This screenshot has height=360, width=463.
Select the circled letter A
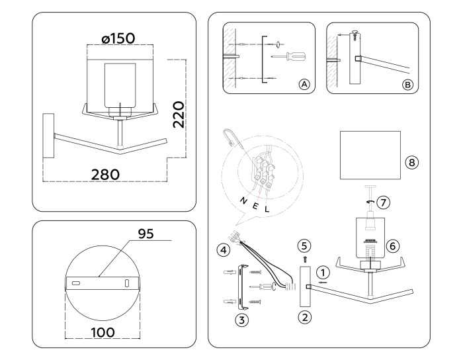point(304,85)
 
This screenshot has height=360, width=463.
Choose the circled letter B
point(407,85)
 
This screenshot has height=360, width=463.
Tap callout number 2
point(305,316)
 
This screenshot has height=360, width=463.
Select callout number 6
point(392,245)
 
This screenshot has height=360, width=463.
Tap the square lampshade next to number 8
point(370,155)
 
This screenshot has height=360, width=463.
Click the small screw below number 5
point(305,259)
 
